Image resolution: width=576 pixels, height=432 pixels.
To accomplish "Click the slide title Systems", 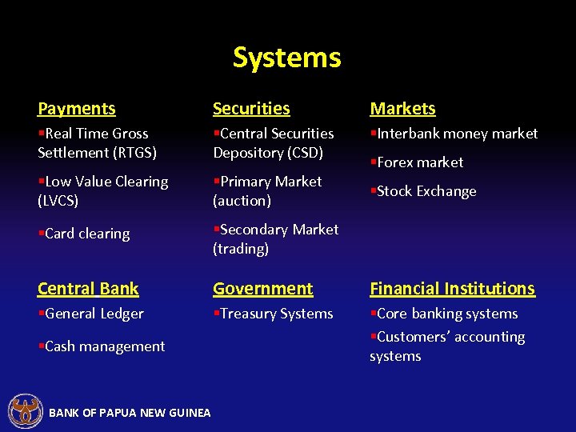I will coord(286,58).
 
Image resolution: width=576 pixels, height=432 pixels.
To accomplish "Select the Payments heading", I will coord(77,109).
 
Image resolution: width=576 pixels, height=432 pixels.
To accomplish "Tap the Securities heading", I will coord(251,109).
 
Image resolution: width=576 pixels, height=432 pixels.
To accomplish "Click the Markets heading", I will coord(402,109).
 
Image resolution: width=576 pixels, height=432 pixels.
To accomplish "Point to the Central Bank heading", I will coord(88,289).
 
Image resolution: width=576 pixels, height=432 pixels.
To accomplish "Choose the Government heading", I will coord(262,289).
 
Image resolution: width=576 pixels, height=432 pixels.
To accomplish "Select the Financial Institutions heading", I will coord(452,289).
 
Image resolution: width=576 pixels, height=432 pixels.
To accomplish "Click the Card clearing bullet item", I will coord(84,234).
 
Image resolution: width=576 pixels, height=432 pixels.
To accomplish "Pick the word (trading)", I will coord(240,249).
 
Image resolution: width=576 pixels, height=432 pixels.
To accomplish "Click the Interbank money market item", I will coord(454,134).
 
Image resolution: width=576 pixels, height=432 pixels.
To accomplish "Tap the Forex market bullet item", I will coord(417,162).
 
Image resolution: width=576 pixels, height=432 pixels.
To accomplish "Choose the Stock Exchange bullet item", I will coord(423,191).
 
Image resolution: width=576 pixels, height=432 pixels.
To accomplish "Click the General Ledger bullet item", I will coord(91,314).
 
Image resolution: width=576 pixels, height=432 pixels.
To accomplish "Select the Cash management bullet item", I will coord(102,346).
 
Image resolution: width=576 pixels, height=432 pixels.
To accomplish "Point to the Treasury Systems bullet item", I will coord(273,314).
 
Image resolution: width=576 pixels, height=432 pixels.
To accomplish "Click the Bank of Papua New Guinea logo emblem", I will coord(25,411).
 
